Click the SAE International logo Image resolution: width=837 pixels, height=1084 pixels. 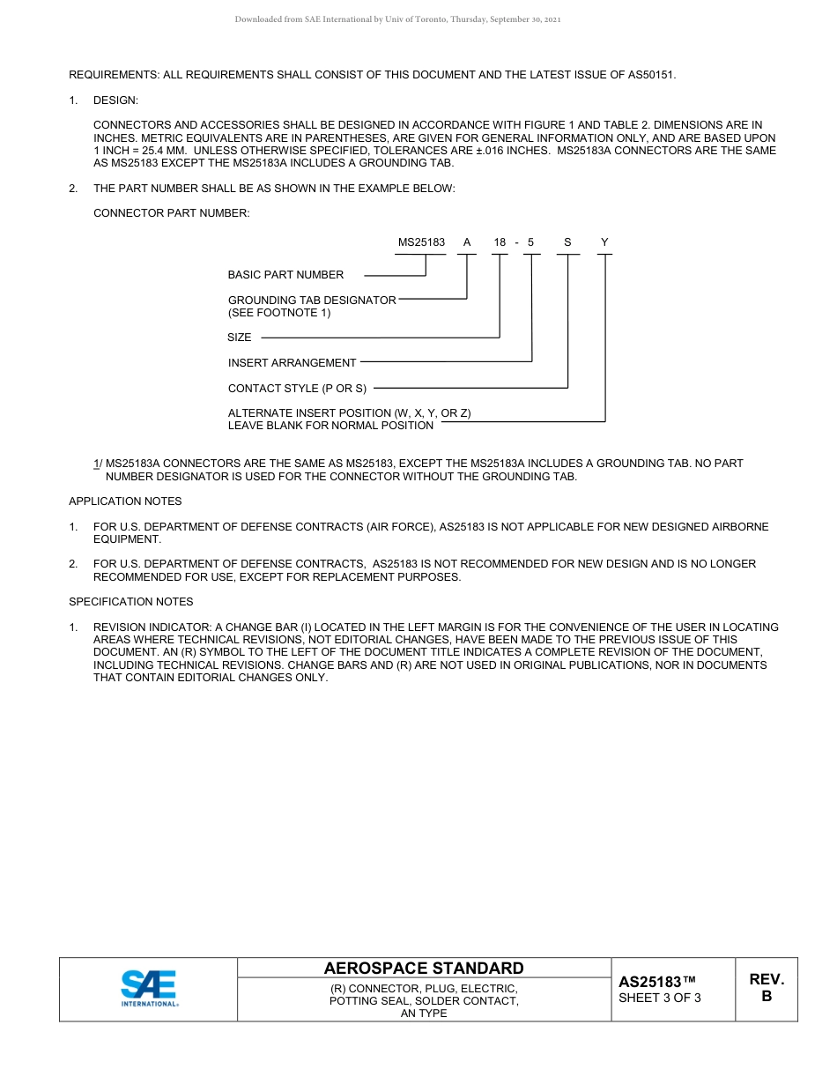click(149, 989)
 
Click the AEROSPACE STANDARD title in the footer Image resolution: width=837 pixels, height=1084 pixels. click(424, 968)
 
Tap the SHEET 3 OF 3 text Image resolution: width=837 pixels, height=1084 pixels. click(660, 999)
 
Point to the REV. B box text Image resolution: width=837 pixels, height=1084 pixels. click(767, 988)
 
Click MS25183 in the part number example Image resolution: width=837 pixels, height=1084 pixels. click(421, 242)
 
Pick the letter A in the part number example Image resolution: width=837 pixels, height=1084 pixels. click(467, 242)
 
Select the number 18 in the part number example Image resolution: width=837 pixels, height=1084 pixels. click(500, 242)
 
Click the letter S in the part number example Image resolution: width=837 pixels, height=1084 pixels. click(567, 242)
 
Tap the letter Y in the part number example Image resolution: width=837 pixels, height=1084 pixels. click(604, 242)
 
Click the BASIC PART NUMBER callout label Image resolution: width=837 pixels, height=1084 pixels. click(285, 275)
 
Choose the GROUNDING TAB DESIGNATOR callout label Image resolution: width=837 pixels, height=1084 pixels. click(312, 301)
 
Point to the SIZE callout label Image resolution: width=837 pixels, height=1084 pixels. click(240, 338)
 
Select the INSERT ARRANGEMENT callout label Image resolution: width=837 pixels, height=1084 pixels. click(292, 363)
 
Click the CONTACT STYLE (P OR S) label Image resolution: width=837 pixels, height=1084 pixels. click(297, 389)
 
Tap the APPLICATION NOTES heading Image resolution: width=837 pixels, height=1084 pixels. click(125, 501)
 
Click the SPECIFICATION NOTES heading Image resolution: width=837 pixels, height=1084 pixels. click(130, 602)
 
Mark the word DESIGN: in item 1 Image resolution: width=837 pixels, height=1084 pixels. click(115, 100)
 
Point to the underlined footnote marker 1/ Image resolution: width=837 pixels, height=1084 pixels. click(98, 464)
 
